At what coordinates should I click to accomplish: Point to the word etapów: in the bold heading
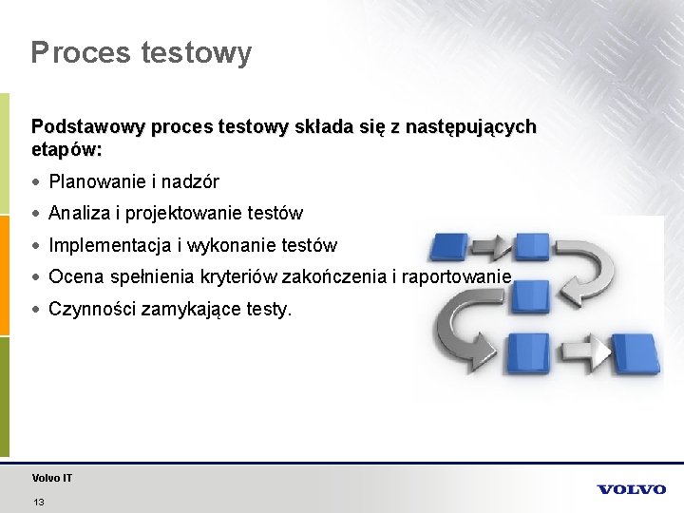66,150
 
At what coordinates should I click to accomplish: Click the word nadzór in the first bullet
193,181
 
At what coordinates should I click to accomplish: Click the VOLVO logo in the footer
631,489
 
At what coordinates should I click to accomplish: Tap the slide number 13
38,502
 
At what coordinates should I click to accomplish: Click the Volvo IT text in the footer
51,478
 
